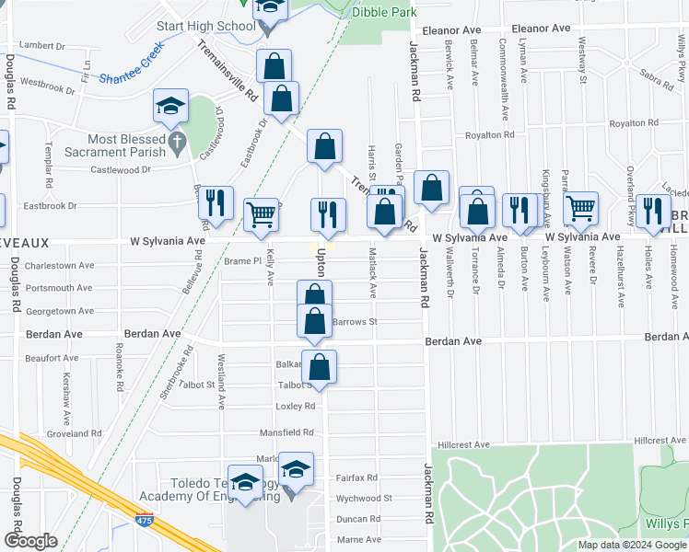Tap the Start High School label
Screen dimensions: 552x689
[x=205, y=27]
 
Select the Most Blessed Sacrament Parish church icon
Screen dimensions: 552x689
[x=178, y=143]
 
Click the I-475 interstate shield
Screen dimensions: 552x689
[x=145, y=521]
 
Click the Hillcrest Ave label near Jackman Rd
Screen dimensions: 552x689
[x=463, y=444]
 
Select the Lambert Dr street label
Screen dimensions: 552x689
[x=42, y=44]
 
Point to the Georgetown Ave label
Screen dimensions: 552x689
[x=60, y=312]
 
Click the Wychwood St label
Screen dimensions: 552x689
[x=364, y=499]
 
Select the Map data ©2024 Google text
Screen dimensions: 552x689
[x=631, y=545]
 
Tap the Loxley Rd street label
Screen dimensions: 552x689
[x=296, y=406]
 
